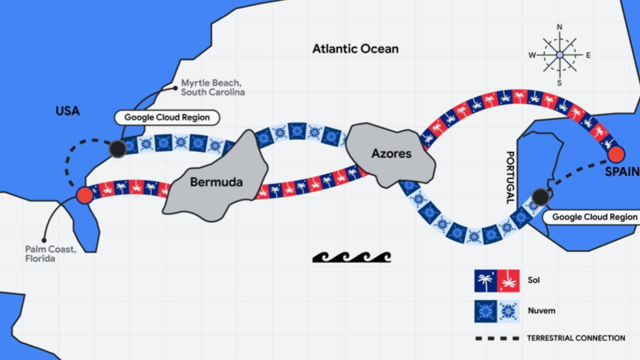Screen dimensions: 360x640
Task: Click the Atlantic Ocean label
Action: click(x=356, y=49)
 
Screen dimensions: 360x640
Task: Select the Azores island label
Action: click(x=391, y=153)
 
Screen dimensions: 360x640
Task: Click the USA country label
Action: click(x=67, y=111)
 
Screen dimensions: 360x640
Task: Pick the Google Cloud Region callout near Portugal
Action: click(x=594, y=217)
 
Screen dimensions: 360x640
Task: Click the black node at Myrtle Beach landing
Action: click(x=117, y=149)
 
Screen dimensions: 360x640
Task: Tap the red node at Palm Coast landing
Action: click(x=85, y=195)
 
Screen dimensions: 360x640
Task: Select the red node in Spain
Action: click(x=616, y=155)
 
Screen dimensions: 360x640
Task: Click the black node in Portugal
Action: click(x=539, y=197)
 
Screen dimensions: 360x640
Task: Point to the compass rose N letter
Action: click(x=559, y=27)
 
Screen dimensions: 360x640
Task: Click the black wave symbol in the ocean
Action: click(x=351, y=257)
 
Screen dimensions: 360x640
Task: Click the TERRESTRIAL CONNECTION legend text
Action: click(x=576, y=338)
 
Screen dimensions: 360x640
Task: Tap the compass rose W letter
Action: click(x=532, y=55)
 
